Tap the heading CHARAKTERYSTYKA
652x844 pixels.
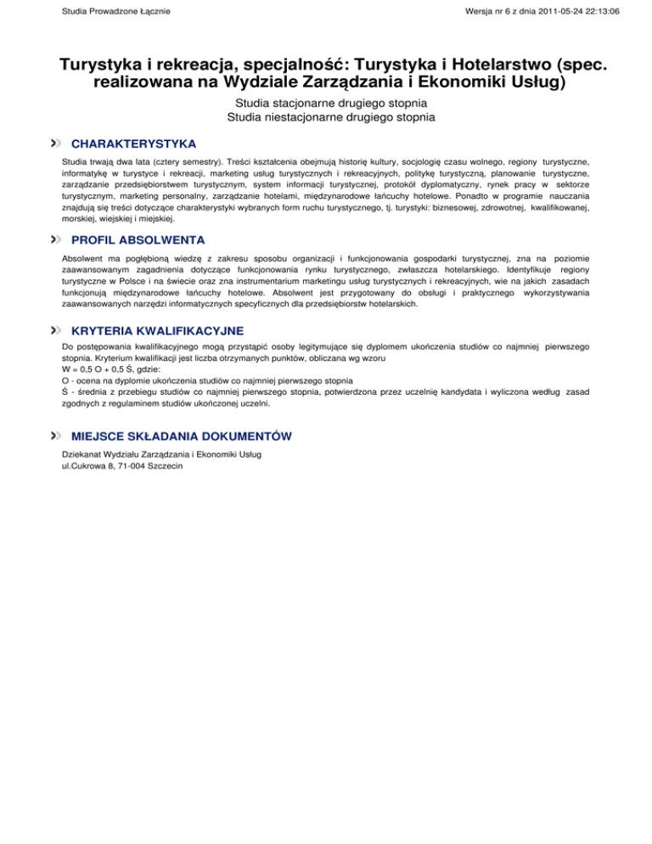click(133, 143)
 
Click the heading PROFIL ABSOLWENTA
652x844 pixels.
click(138, 240)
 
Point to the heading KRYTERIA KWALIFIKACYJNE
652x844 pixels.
click(157, 329)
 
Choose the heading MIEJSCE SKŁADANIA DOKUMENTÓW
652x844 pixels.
click(182, 436)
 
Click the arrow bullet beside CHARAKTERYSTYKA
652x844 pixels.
click(56, 143)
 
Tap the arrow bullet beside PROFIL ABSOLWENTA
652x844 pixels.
click(56, 240)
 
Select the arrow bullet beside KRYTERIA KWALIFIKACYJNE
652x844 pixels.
click(56, 329)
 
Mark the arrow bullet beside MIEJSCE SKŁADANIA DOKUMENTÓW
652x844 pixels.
click(56, 436)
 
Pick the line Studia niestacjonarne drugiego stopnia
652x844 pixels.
click(326, 118)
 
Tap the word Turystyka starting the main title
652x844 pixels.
click(100, 65)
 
